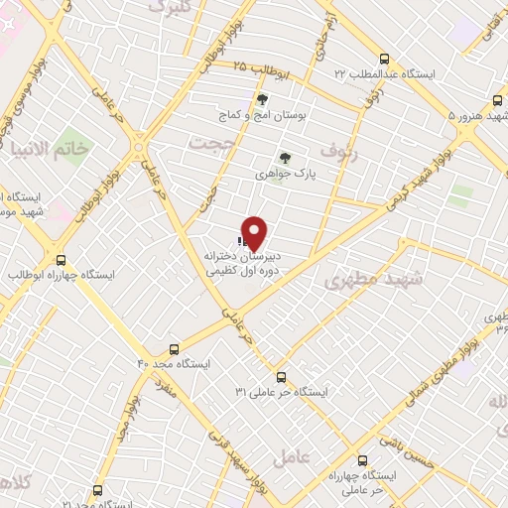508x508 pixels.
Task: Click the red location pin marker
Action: point(255,232)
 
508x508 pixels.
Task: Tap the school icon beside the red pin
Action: point(241,240)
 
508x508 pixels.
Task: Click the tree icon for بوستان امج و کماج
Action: point(262,99)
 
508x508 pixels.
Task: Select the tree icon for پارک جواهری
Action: point(285,157)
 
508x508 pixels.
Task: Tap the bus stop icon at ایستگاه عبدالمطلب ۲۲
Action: point(385,59)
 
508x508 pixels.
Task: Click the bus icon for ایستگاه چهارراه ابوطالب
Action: point(61,257)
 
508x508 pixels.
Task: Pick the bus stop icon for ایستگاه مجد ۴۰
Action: point(175,349)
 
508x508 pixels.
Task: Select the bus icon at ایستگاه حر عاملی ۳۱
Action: point(281,377)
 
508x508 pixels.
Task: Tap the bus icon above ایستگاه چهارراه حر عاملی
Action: point(361,460)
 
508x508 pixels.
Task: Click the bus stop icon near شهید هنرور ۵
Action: point(498,100)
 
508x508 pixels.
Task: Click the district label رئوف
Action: point(354,155)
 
